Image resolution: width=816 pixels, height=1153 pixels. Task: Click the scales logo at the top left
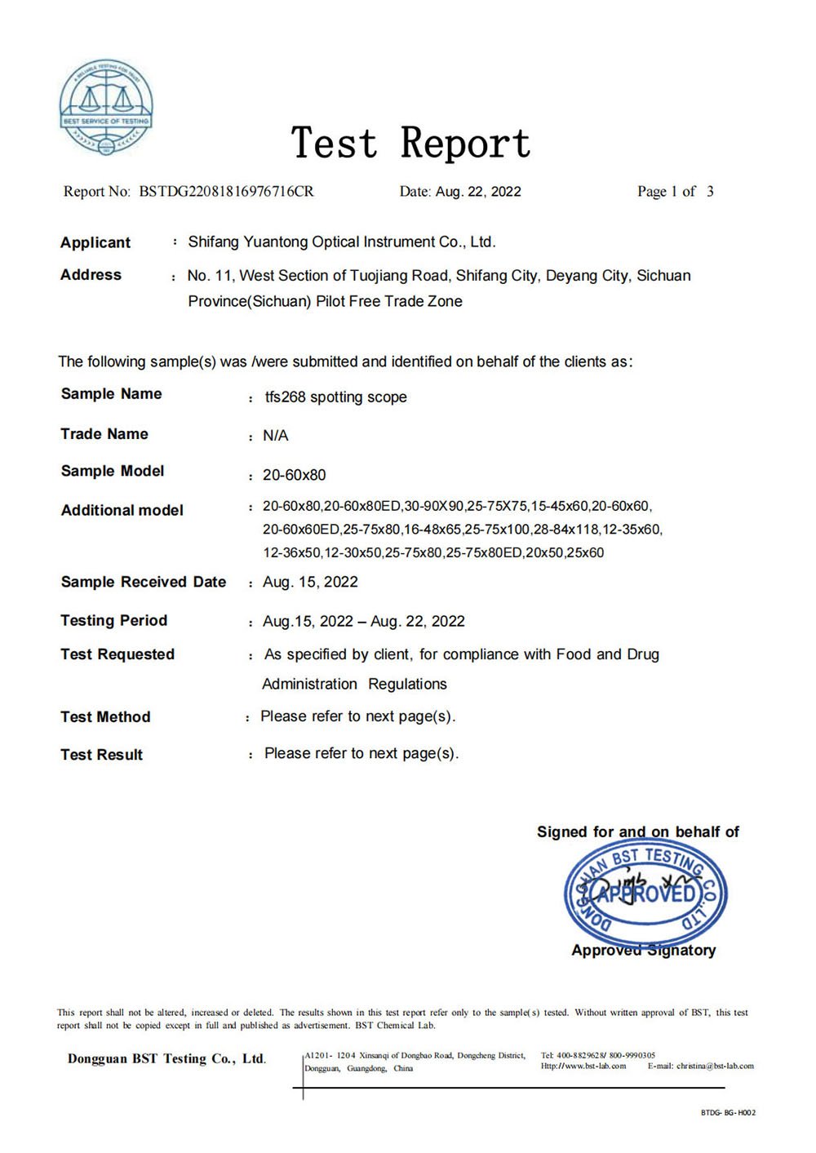click(x=106, y=107)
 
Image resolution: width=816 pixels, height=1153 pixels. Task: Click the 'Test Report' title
click(x=411, y=144)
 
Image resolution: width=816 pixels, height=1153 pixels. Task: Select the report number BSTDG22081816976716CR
click(x=226, y=192)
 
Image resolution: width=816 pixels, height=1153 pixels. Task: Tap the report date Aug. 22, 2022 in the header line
click(x=478, y=192)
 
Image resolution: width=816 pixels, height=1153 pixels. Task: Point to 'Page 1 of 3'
click(x=675, y=192)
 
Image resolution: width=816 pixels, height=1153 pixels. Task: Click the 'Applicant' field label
click(x=95, y=242)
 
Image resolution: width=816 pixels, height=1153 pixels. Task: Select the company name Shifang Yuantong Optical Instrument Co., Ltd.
click(x=342, y=242)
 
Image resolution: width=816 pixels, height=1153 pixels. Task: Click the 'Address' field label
click(x=91, y=275)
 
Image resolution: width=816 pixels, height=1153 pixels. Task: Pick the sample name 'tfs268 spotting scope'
click(x=335, y=397)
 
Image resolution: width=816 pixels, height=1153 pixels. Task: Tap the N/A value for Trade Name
click(x=276, y=436)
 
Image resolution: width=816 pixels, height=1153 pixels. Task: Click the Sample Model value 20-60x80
click(x=294, y=475)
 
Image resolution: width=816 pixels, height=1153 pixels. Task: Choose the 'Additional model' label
click(x=122, y=510)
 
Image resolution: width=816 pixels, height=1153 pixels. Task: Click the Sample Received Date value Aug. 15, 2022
click(x=310, y=582)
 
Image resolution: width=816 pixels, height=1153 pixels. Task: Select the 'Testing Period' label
click(x=114, y=620)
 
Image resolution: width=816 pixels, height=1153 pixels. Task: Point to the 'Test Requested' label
click(x=118, y=654)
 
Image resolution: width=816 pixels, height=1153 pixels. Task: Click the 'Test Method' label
click(x=106, y=716)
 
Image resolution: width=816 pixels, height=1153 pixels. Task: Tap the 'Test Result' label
click(x=102, y=755)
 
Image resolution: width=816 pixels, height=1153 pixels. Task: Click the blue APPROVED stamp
click(x=645, y=894)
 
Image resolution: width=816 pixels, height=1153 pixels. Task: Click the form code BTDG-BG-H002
click(x=728, y=1112)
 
